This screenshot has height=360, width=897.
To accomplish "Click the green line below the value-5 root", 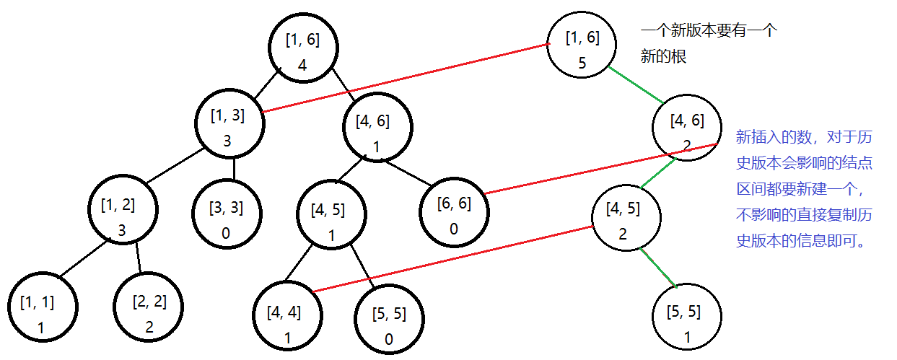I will (x=636, y=85).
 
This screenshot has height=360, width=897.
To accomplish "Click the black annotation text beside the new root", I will (x=707, y=44).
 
